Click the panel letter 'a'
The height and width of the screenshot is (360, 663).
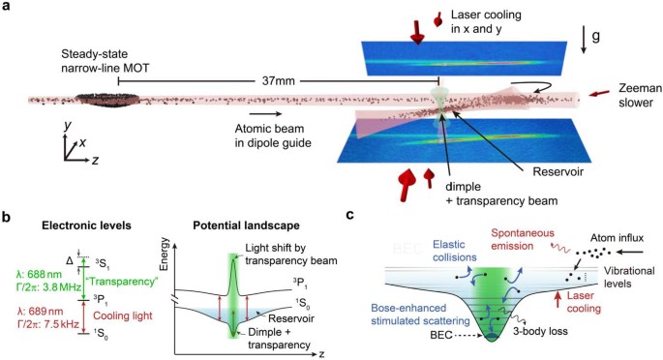click(7, 8)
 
